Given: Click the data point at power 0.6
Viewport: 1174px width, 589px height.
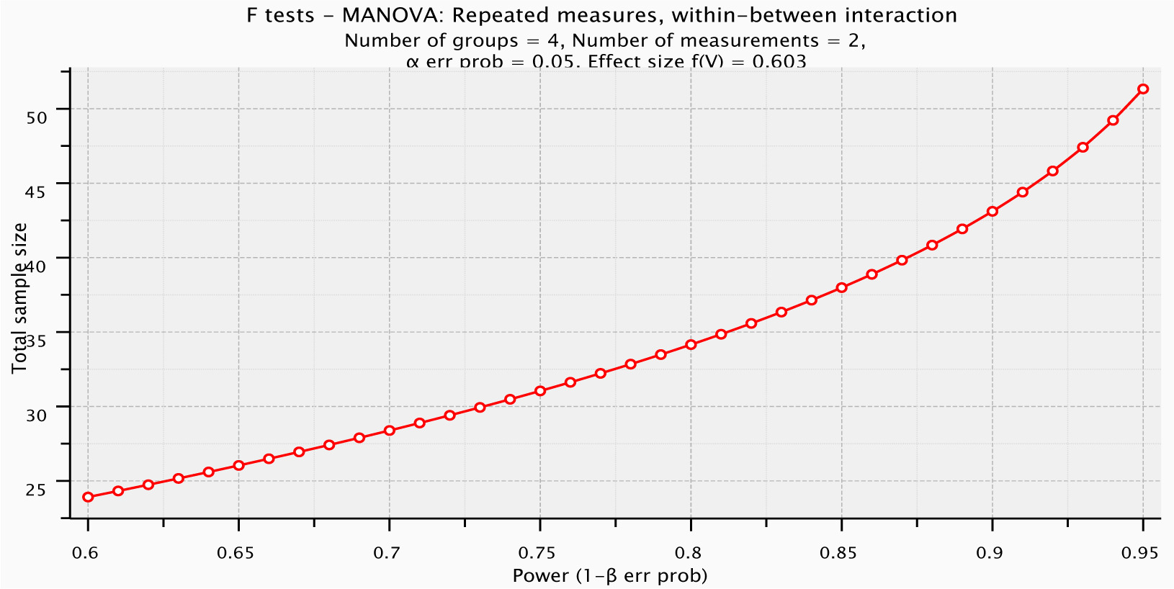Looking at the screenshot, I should (88, 497).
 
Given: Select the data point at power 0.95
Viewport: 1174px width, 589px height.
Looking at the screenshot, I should (1143, 89).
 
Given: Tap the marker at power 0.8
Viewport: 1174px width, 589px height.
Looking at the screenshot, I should (691, 345).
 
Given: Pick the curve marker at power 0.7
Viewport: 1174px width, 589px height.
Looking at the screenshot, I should (390, 431).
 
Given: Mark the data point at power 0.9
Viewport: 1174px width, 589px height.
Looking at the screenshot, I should (992, 212).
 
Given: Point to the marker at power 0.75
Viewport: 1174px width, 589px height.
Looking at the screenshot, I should (540, 391).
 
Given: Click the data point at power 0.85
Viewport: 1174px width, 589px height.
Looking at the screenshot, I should (841, 288).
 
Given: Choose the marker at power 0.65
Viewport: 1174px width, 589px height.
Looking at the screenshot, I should (238, 466).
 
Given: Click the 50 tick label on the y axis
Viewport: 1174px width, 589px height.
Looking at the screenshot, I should (36, 117).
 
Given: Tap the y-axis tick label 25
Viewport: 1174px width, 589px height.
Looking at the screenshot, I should (36, 490).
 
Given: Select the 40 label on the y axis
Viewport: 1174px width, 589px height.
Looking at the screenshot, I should (36, 266).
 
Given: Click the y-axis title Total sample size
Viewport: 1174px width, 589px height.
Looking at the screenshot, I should (19, 297).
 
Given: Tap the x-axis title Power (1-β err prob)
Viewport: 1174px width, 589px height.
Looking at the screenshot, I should (610, 576).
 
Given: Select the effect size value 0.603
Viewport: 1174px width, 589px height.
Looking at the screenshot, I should (779, 62).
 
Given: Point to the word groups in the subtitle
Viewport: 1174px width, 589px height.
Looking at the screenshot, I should (490, 40).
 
